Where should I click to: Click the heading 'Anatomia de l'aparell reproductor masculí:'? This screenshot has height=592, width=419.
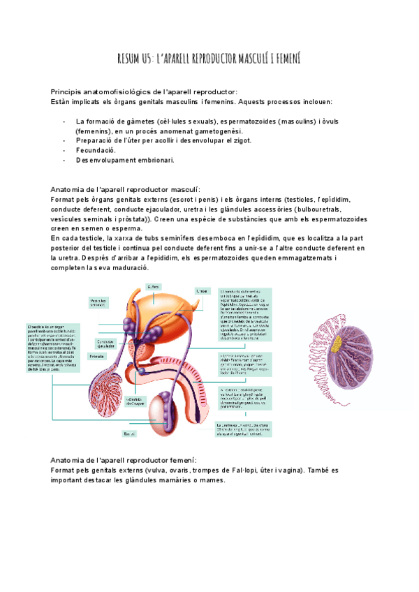[126, 189]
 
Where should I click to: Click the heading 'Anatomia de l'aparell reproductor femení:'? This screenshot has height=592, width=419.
[124, 461]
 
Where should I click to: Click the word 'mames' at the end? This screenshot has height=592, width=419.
[212, 480]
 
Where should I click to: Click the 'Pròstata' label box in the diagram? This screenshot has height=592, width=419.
[98, 357]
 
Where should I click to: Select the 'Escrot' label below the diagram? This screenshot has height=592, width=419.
[129, 434]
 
